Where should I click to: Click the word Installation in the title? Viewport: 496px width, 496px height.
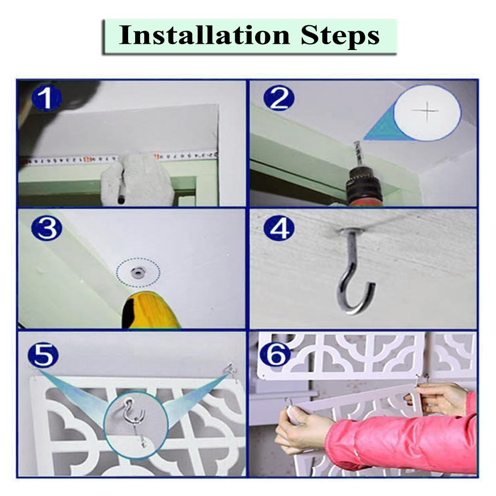pyautogui.click(x=204, y=36)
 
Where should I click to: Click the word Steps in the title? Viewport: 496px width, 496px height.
pyautogui.click(x=340, y=37)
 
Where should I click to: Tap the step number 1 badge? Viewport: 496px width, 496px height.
pyautogui.click(x=47, y=98)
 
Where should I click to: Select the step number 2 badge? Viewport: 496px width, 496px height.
pyautogui.click(x=279, y=98)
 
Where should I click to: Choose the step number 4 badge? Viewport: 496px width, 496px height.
pyautogui.click(x=279, y=228)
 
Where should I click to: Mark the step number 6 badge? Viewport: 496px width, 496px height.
pyautogui.click(x=275, y=352)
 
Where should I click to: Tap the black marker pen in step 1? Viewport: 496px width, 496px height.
pyautogui.click(x=122, y=185)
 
